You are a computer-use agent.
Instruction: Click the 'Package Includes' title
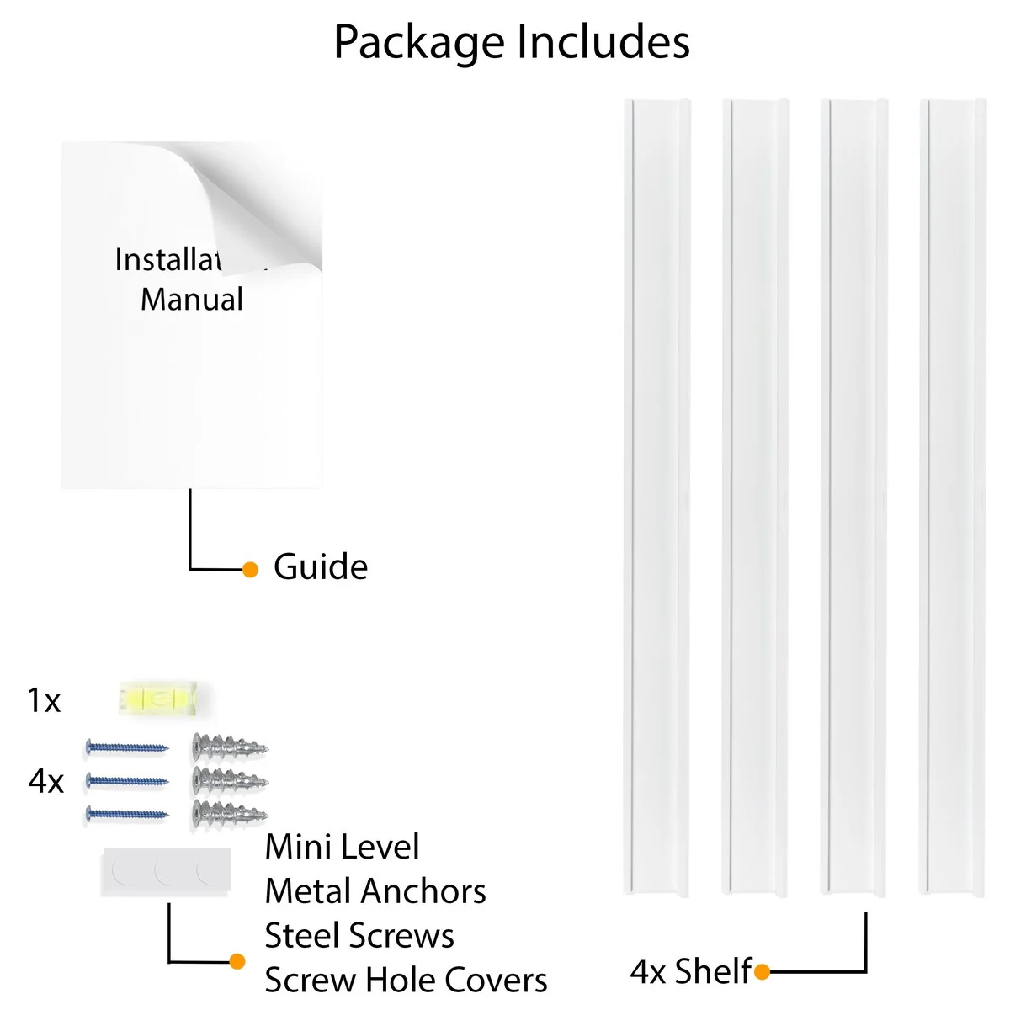coord(512,42)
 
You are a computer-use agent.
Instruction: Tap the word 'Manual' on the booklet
coord(192,300)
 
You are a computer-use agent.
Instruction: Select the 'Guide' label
coord(321,567)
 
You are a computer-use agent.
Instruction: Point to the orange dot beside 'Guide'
coord(250,570)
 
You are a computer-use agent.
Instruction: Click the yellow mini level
coord(161,699)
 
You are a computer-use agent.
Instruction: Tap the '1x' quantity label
coord(44,700)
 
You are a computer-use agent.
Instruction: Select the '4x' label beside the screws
coord(45,782)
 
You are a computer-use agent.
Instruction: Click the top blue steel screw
coord(127,747)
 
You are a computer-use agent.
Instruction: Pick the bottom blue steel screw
coord(127,814)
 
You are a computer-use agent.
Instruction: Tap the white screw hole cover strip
coord(165,872)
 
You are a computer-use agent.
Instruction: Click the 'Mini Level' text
coord(342,847)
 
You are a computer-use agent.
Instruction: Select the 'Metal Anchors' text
coord(375,891)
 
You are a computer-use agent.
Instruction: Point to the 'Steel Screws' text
coord(359,936)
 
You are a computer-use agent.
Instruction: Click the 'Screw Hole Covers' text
coord(406,981)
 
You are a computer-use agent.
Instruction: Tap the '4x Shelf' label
coord(690,972)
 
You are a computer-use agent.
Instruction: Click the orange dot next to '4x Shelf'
coord(763,973)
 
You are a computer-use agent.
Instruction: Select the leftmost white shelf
coord(656,497)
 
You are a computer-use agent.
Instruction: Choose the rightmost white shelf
coord(952,497)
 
